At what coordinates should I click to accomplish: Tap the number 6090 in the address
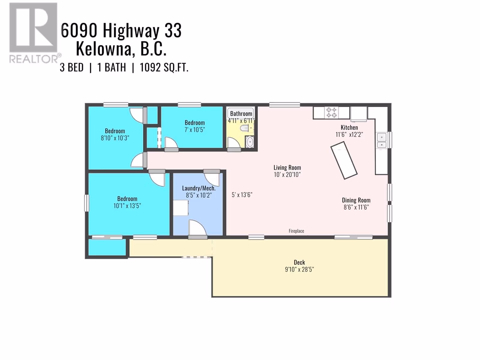pyautogui.click(x=79, y=31)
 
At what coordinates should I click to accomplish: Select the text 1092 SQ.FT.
pyautogui.click(x=164, y=67)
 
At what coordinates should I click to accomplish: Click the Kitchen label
pyautogui.click(x=349, y=127)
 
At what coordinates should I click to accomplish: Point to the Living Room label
pyautogui.click(x=287, y=168)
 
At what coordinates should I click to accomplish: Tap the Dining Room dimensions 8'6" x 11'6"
pyautogui.click(x=356, y=207)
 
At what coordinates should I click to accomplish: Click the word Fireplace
pyautogui.click(x=296, y=231)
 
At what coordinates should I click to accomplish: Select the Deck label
pyautogui.click(x=299, y=262)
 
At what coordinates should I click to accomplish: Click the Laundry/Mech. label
pyautogui.click(x=199, y=188)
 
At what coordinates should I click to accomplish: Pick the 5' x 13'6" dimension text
pyautogui.click(x=242, y=195)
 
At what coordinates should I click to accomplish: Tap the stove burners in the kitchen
pyautogui.click(x=331, y=112)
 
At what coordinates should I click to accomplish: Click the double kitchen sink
pyautogui.click(x=382, y=141)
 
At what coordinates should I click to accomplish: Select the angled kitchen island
pyautogui.click(x=344, y=160)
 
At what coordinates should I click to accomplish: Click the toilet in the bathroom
pyautogui.click(x=244, y=128)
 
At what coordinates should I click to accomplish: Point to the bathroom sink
pyautogui.click(x=250, y=142)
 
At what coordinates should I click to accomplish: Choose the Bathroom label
pyautogui.click(x=241, y=114)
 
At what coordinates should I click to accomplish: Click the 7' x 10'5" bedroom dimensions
pyautogui.click(x=195, y=130)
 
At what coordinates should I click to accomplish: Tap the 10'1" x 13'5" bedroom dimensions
pyautogui.click(x=127, y=206)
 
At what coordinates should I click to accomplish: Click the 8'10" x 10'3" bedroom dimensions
pyautogui.click(x=115, y=138)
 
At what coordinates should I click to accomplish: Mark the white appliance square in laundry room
pyautogui.click(x=181, y=208)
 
